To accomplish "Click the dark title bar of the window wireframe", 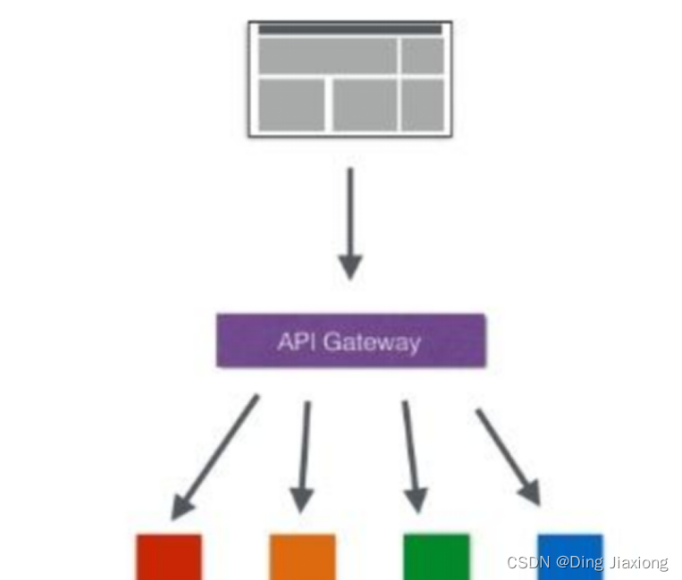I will click(350, 29).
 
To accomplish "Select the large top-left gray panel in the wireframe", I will click(328, 55).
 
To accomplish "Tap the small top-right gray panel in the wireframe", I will click(422, 55).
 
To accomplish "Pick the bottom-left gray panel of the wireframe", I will click(291, 105).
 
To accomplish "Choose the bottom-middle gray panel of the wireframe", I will click(365, 105).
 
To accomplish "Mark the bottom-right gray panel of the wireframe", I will click(422, 105).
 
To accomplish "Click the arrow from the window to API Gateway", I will click(350, 223).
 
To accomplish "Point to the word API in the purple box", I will click(297, 341).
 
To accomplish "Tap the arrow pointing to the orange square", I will click(304, 456).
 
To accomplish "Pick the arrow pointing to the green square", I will click(410, 456).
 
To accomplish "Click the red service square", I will click(169, 557).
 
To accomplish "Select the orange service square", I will click(302, 557).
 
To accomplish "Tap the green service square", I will click(436, 557).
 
